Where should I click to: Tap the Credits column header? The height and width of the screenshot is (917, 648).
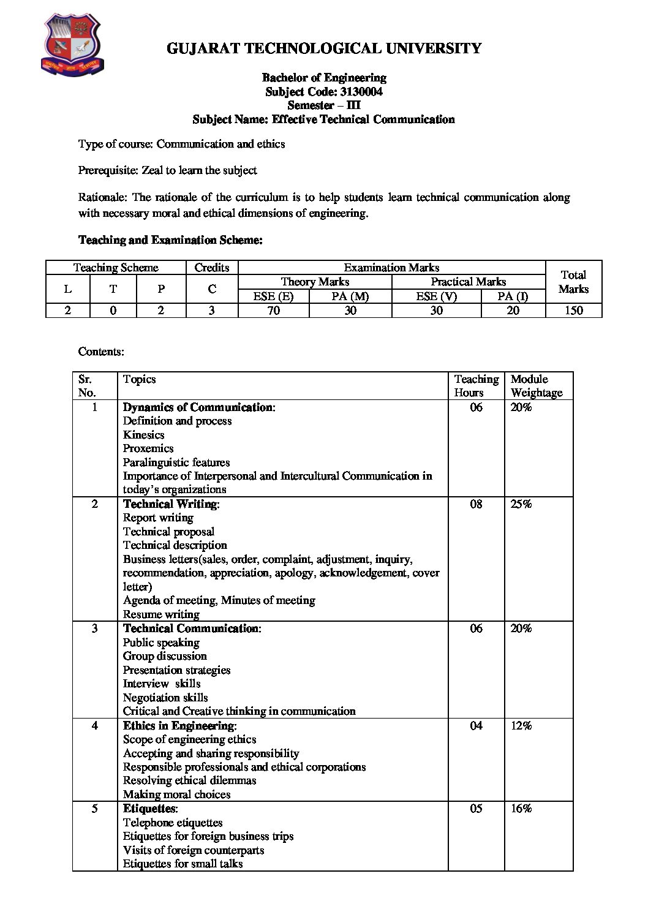tap(212, 268)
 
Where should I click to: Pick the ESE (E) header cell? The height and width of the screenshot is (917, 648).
tap(273, 296)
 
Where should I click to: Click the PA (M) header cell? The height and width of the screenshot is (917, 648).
tap(350, 296)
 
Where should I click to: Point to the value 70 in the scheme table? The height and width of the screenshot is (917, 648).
tap(273, 311)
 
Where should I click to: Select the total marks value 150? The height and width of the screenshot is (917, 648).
tap(573, 311)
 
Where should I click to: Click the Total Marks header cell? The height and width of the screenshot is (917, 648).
tap(573, 282)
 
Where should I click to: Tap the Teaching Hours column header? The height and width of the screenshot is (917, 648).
tap(476, 386)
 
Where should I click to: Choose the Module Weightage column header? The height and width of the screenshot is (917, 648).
tap(536, 386)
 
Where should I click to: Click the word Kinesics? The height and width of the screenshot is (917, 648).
tap(144, 435)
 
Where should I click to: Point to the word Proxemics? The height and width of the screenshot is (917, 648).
tap(148, 448)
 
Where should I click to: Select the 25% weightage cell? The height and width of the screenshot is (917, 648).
tap(521, 504)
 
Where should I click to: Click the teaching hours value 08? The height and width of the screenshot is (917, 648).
tap(476, 504)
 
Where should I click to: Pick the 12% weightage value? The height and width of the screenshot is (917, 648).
tap(521, 726)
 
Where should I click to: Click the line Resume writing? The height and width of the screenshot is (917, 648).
tap(161, 614)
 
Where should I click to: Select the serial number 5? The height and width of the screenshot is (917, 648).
tap(94, 809)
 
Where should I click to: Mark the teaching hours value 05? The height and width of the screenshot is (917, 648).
tap(476, 809)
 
